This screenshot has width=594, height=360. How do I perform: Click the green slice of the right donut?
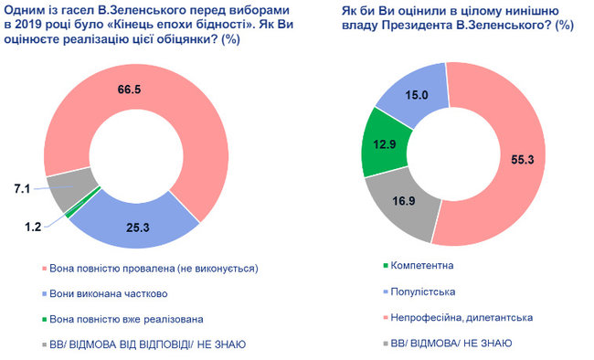click(x=384, y=142)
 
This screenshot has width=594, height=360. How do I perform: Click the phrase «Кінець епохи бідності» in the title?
click(x=173, y=25)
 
